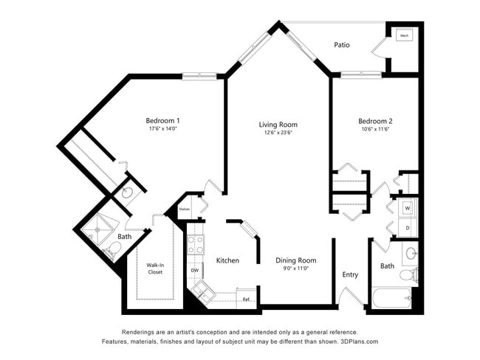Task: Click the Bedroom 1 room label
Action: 162,120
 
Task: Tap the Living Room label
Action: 278,124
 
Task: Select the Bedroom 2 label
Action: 375,121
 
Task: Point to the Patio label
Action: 341,45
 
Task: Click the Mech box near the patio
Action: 404,35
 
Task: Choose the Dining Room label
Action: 295,260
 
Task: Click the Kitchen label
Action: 227,260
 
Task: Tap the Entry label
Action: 350,274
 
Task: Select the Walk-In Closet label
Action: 154,269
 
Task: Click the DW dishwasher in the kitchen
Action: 195,271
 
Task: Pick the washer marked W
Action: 407,209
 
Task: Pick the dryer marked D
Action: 407,227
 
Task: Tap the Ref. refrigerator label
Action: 247,300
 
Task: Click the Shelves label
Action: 184,209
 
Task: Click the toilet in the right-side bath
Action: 408,275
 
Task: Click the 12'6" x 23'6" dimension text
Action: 278,134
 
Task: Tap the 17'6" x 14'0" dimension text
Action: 162,129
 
